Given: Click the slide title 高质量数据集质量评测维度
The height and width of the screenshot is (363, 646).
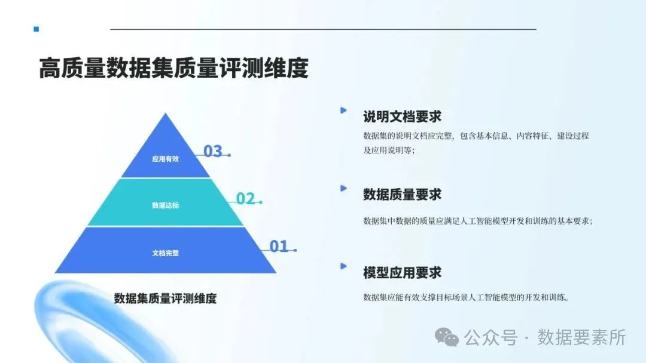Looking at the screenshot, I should pyautogui.click(x=173, y=69).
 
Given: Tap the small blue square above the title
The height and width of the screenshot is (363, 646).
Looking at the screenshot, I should pyautogui.click(x=36, y=29).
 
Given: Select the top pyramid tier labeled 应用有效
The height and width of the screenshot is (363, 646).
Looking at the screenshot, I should pyautogui.click(x=166, y=159).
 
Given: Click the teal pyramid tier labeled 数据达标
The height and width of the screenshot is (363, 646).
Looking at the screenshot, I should pyautogui.click(x=166, y=205).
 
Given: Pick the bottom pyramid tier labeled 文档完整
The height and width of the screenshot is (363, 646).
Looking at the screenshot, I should pyautogui.click(x=166, y=253).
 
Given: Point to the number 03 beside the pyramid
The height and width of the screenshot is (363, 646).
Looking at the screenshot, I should pyautogui.click(x=213, y=152).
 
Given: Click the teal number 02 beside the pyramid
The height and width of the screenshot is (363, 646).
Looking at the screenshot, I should pyautogui.click(x=245, y=199).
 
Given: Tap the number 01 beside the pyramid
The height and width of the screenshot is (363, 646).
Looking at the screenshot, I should pyautogui.click(x=279, y=246).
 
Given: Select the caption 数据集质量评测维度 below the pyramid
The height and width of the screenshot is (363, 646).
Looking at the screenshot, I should pyautogui.click(x=165, y=299).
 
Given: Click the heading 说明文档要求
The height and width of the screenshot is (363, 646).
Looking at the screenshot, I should pyautogui.click(x=402, y=116).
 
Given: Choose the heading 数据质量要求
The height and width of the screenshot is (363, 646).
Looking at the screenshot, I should pyautogui.click(x=402, y=195).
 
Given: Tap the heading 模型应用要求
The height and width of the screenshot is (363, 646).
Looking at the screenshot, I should pyautogui.click(x=402, y=273).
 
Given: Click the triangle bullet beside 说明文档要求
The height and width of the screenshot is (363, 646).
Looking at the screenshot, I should pyautogui.click(x=343, y=110).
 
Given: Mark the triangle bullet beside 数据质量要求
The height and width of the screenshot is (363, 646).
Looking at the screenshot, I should pyautogui.click(x=343, y=188).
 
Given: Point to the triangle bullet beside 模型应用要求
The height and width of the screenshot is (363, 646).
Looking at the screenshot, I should pyautogui.click(x=343, y=266).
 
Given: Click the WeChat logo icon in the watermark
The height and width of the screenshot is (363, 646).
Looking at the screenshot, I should pyautogui.click(x=447, y=337).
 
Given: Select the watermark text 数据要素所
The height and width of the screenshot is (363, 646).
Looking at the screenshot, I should pyautogui.click(x=581, y=337).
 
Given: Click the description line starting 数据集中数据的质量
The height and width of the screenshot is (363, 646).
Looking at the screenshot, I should pyautogui.click(x=477, y=221).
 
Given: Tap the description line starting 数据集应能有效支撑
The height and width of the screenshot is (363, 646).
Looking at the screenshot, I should pyautogui.click(x=465, y=297).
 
